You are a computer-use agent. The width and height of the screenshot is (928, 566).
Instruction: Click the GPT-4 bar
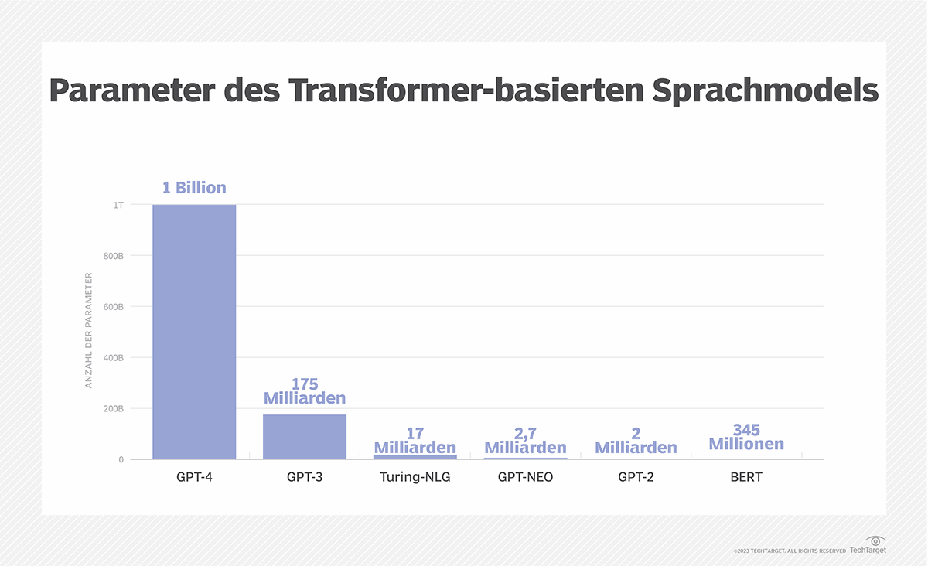(194, 332)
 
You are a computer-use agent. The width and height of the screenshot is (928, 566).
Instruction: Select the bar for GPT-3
(305, 437)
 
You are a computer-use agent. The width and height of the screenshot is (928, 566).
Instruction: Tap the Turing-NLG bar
(415, 457)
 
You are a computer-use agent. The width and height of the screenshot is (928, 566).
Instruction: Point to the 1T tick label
(118, 205)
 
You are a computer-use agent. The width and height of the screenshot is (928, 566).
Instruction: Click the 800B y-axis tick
(113, 256)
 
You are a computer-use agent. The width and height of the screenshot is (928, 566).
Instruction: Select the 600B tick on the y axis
(113, 307)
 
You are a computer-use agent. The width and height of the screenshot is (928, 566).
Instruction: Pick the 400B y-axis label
(113, 358)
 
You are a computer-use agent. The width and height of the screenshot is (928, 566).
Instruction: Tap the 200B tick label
(113, 409)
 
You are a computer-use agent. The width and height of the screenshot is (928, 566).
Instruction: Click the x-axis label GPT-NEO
(525, 477)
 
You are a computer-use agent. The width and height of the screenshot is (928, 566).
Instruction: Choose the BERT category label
(746, 477)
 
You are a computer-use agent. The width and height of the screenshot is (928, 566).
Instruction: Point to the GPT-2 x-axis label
(636, 477)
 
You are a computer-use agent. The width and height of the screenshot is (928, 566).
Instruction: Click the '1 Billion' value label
(194, 188)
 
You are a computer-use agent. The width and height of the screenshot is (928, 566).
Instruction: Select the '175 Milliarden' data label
(305, 391)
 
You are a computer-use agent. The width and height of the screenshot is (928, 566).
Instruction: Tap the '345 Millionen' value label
(746, 437)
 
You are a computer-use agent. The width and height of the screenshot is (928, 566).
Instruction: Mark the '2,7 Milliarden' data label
(525, 441)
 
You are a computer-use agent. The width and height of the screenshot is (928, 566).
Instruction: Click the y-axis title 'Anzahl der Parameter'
(89, 330)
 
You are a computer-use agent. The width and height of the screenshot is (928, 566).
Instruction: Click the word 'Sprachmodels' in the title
(765, 91)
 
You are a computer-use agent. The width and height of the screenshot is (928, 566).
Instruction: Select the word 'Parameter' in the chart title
(131, 91)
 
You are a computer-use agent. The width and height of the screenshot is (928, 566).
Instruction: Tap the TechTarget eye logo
(876, 540)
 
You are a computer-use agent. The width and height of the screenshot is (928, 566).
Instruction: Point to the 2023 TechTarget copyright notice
(790, 551)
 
